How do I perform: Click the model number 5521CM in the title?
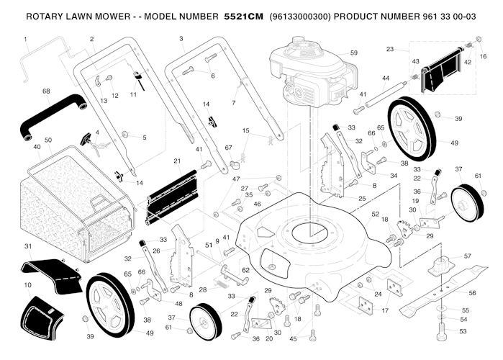click(244, 15)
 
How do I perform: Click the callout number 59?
click(353, 53)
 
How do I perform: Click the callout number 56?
click(472, 293)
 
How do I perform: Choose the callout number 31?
click(28, 247)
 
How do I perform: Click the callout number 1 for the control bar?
click(25, 38)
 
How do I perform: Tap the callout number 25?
click(362, 198)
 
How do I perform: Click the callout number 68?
click(46, 91)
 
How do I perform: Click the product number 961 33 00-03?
click(456, 15)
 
